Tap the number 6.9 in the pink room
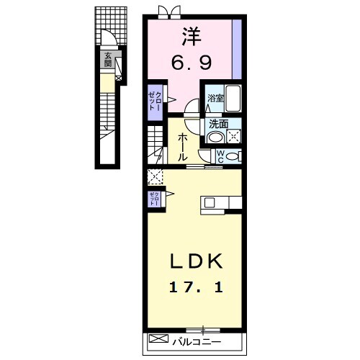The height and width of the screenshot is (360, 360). [x=191, y=63]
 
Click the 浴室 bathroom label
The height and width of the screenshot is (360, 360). [x=215, y=99]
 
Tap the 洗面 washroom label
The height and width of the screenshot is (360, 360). [x=217, y=123]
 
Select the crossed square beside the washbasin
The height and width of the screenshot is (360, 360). [x=233, y=135]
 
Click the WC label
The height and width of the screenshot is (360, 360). [x=220, y=156]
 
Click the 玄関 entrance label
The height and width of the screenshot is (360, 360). [x=108, y=60]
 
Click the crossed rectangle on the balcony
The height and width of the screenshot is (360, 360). [x=157, y=339]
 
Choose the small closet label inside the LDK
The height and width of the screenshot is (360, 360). [x=154, y=199]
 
